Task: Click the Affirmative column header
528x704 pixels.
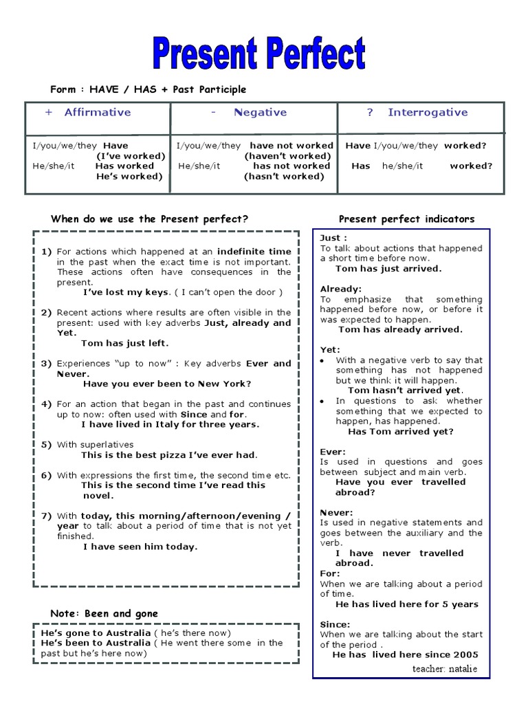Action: coord(97,113)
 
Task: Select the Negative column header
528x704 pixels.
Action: coord(259,113)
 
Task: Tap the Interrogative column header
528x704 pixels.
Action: coord(427,113)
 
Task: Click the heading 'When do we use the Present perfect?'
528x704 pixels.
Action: coord(149,219)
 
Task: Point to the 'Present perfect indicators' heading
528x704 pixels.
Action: coord(406,219)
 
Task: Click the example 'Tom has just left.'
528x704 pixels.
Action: coord(124,343)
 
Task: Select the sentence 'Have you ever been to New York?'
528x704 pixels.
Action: coord(167,384)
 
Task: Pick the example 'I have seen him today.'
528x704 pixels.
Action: coord(140,547)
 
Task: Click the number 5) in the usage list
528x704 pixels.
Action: coord(46,445)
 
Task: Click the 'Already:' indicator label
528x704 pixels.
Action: coord(340,289)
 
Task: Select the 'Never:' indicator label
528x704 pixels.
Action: coord(336,512)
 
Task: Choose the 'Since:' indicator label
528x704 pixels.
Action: coord(335,624)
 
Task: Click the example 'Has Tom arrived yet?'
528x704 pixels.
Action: coord(400,432)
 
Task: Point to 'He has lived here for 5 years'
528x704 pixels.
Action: coord(406,604)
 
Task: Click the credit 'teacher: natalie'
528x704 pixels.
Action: coord(444,669)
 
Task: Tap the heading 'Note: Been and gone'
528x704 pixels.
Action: coord(104,613)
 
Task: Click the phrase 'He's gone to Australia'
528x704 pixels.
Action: coord(96,632)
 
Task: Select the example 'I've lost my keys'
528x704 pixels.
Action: coord(126,292)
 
